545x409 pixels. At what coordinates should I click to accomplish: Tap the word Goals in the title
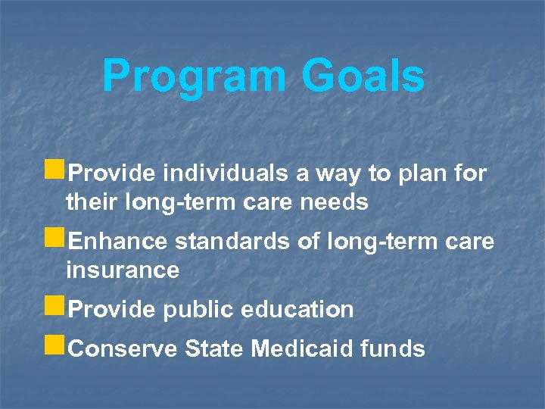(x=363, y=76)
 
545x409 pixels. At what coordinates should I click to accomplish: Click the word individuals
(x=225, y=174)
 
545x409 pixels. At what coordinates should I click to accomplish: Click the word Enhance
(x=118, y=242)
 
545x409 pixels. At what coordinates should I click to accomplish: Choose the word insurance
(x=123, y=270)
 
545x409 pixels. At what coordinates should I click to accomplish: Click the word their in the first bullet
(x=88, y=202)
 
